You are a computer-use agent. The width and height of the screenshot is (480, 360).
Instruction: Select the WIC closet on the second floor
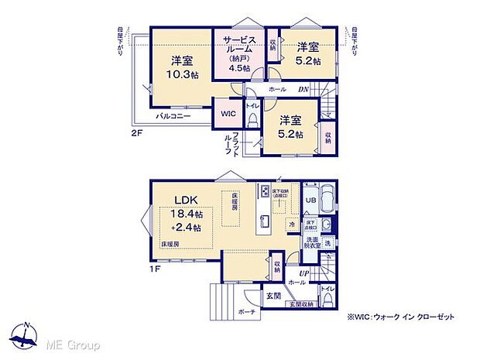point(227,114)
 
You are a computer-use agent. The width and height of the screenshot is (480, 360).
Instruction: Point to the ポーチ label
point(247,311)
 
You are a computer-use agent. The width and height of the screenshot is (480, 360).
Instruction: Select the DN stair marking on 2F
point(303,90)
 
